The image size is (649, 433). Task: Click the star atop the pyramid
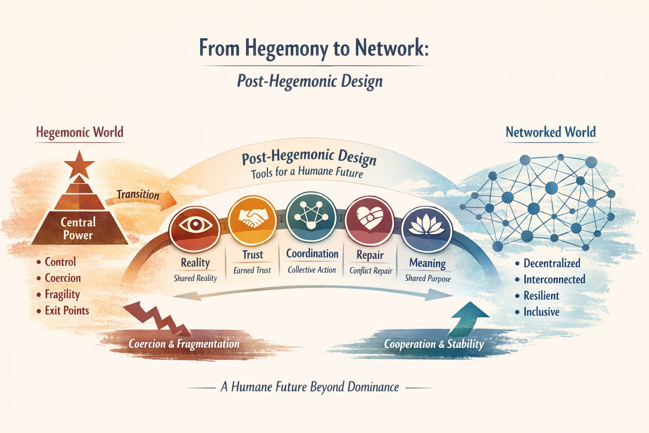pos(79,164)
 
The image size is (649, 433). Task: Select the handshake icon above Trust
pos(252,218)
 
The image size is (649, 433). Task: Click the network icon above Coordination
pos(311,214)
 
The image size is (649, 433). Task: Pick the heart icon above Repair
pos(370,219)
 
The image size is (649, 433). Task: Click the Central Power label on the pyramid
pos(78,228)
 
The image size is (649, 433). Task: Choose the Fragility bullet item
pos(62,294)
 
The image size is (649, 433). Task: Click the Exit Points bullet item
pos(67,311)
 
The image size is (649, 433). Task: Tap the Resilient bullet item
pos(541,296)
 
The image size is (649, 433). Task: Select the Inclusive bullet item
pos(541,312)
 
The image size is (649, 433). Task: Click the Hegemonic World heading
pos(79,132)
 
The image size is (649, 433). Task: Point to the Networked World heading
pos(551,132)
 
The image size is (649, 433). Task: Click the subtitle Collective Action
pos(312,270)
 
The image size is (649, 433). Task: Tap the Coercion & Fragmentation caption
pos(184,344)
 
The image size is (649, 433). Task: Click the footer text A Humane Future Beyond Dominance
pos(310,387)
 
